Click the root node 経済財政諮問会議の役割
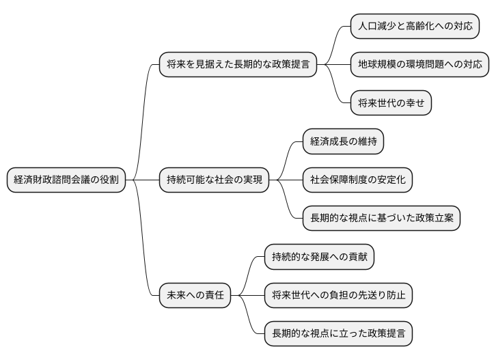(x=66, y=180)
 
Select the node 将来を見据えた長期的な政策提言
(x=238, y=66)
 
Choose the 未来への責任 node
(x=195, y=296)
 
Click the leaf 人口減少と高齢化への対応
(x=415, y=27)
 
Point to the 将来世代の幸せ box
(x=391, y=104)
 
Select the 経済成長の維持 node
(x=343, y=142)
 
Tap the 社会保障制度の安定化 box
(x=358, y=180)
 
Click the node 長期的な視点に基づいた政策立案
(x=381, y=219)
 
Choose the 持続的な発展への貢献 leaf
(x=319, y=258)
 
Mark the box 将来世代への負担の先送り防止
(x=338, y=296)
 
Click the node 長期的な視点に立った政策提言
(x=338, y=334)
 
